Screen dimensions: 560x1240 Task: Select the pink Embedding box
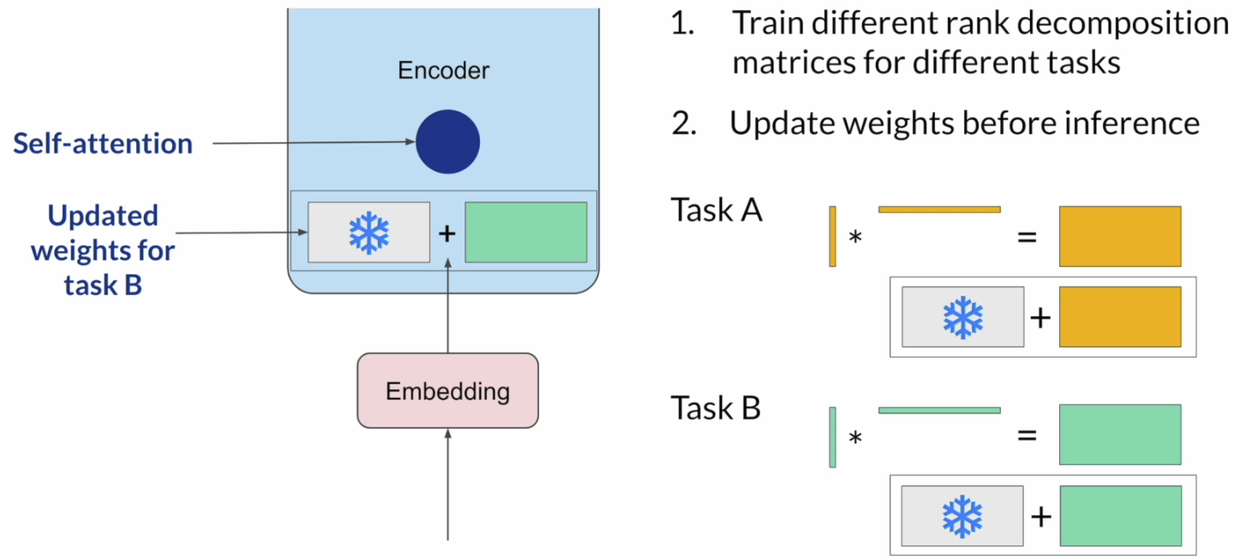coord(447,391)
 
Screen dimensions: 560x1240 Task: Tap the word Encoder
coord(443,70)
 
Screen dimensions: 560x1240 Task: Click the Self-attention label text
coord(103,143)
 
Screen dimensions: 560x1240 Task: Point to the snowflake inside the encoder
coord(368,232)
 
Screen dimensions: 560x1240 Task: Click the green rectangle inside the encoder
coord(525,232)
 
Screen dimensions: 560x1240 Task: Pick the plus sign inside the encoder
coord(446,232)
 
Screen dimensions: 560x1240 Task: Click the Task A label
coord(716,209)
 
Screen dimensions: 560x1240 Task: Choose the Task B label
coord(716,408)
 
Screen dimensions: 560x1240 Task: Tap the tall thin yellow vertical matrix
coord(832,236)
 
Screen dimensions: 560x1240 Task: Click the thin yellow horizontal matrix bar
coord(939,208)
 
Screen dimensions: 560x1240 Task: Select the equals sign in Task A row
coord(1026,236)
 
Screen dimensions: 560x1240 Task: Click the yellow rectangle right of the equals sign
coord(1120,236)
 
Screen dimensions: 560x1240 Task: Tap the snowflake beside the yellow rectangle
coord(963,316)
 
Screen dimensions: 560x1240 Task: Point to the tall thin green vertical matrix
coord(832,437)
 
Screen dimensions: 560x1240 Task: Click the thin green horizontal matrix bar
coord(939,410)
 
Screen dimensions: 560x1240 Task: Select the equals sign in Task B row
coord(1026,436)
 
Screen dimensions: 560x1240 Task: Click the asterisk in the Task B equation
coord(854,438)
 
